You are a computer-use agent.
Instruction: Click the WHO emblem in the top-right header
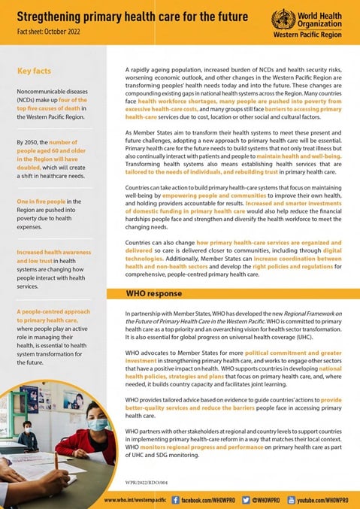point(283,19)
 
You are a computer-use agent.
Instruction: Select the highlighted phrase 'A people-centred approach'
point(54,332)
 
